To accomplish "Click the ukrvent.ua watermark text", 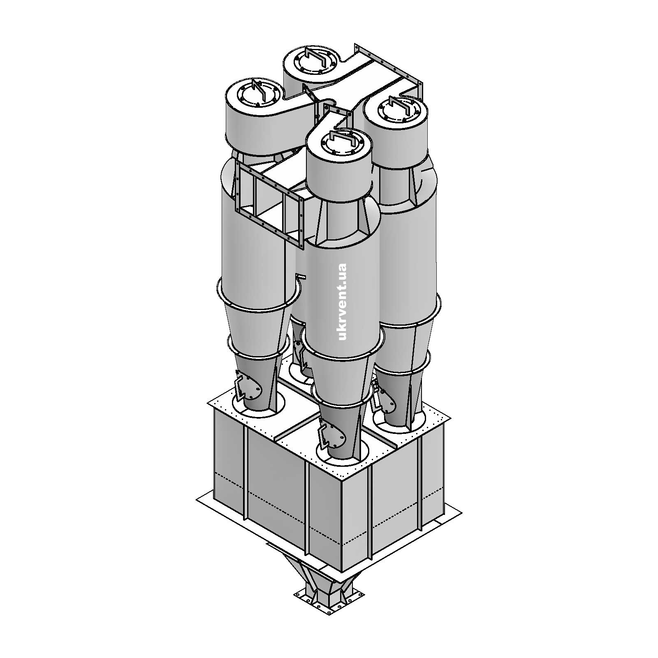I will click(x=342, y=302).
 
